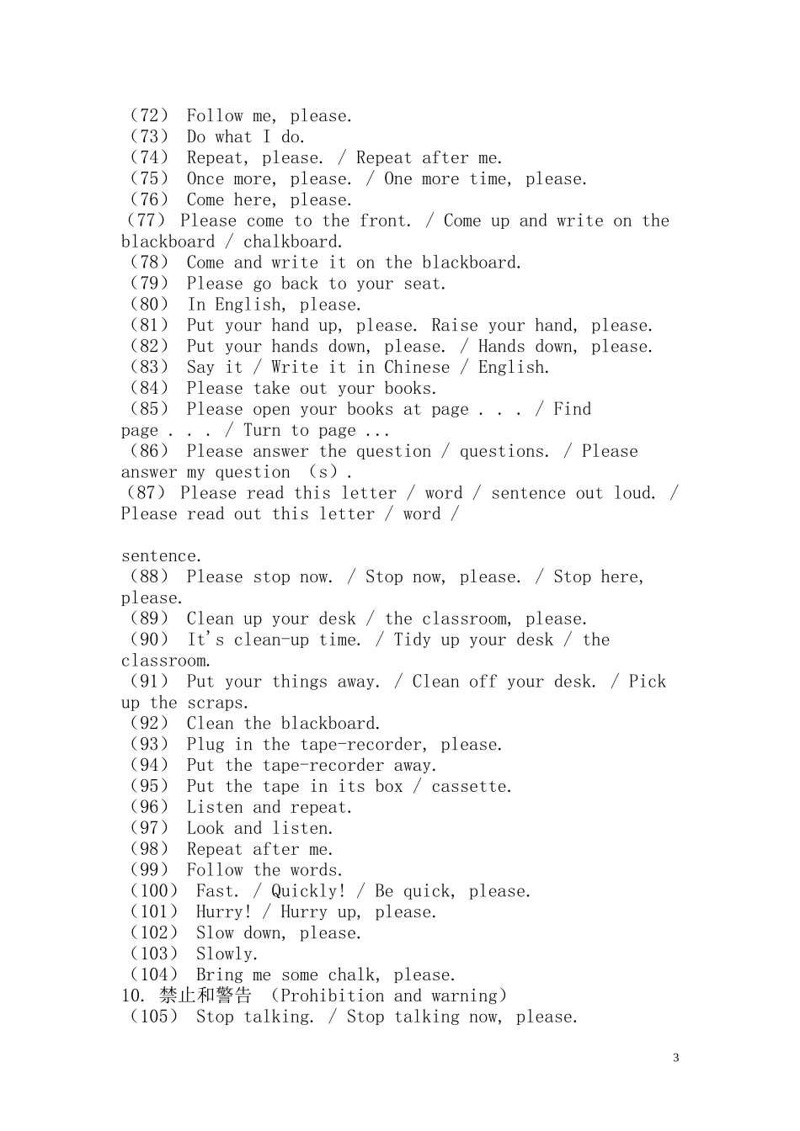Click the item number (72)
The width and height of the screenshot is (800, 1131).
coord(149,116)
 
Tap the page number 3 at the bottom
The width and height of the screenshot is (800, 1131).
coord(675,1058)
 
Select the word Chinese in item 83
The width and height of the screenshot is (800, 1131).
coord(417,368)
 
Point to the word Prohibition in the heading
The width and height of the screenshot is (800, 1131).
coord(331,996)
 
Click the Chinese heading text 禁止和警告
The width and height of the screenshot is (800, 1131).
coord(205,996)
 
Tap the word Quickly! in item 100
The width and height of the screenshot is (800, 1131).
coord(308,891)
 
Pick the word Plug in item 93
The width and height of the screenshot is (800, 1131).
coord(205,745)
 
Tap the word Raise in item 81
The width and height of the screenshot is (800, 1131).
coord(455,326)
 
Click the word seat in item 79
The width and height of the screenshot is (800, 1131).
coord(422,284)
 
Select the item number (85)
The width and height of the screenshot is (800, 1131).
coord(149,409)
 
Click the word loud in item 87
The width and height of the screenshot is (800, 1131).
coord(633,493)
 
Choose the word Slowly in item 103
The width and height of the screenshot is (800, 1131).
coord(225,954)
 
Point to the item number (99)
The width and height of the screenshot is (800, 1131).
coord(149,870)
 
